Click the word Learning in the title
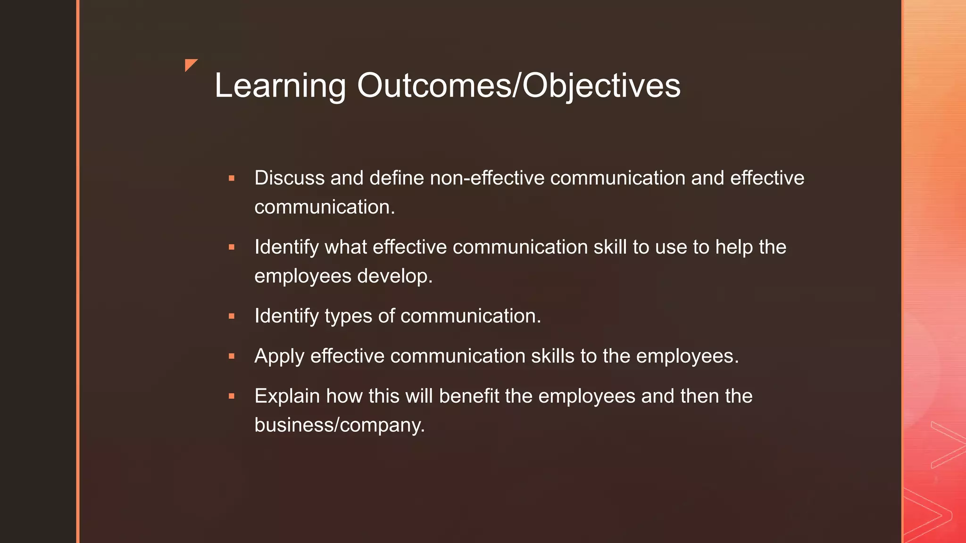click(x=280, y=86)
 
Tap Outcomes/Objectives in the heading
click(x=518, y=86)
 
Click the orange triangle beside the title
click(x=191, y=65)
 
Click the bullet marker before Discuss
click(x=232, y=179)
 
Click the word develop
click(x=394, y=276)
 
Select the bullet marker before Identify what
click(x=232, y=247)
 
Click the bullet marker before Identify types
click(x=232, y=316)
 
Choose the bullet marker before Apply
click(x=232, y=356)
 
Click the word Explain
click(x=287, y=396)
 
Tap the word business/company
click(x=339, y=425)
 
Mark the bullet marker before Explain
click(x=232, y=396)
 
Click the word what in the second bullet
click(x=345, y=247)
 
